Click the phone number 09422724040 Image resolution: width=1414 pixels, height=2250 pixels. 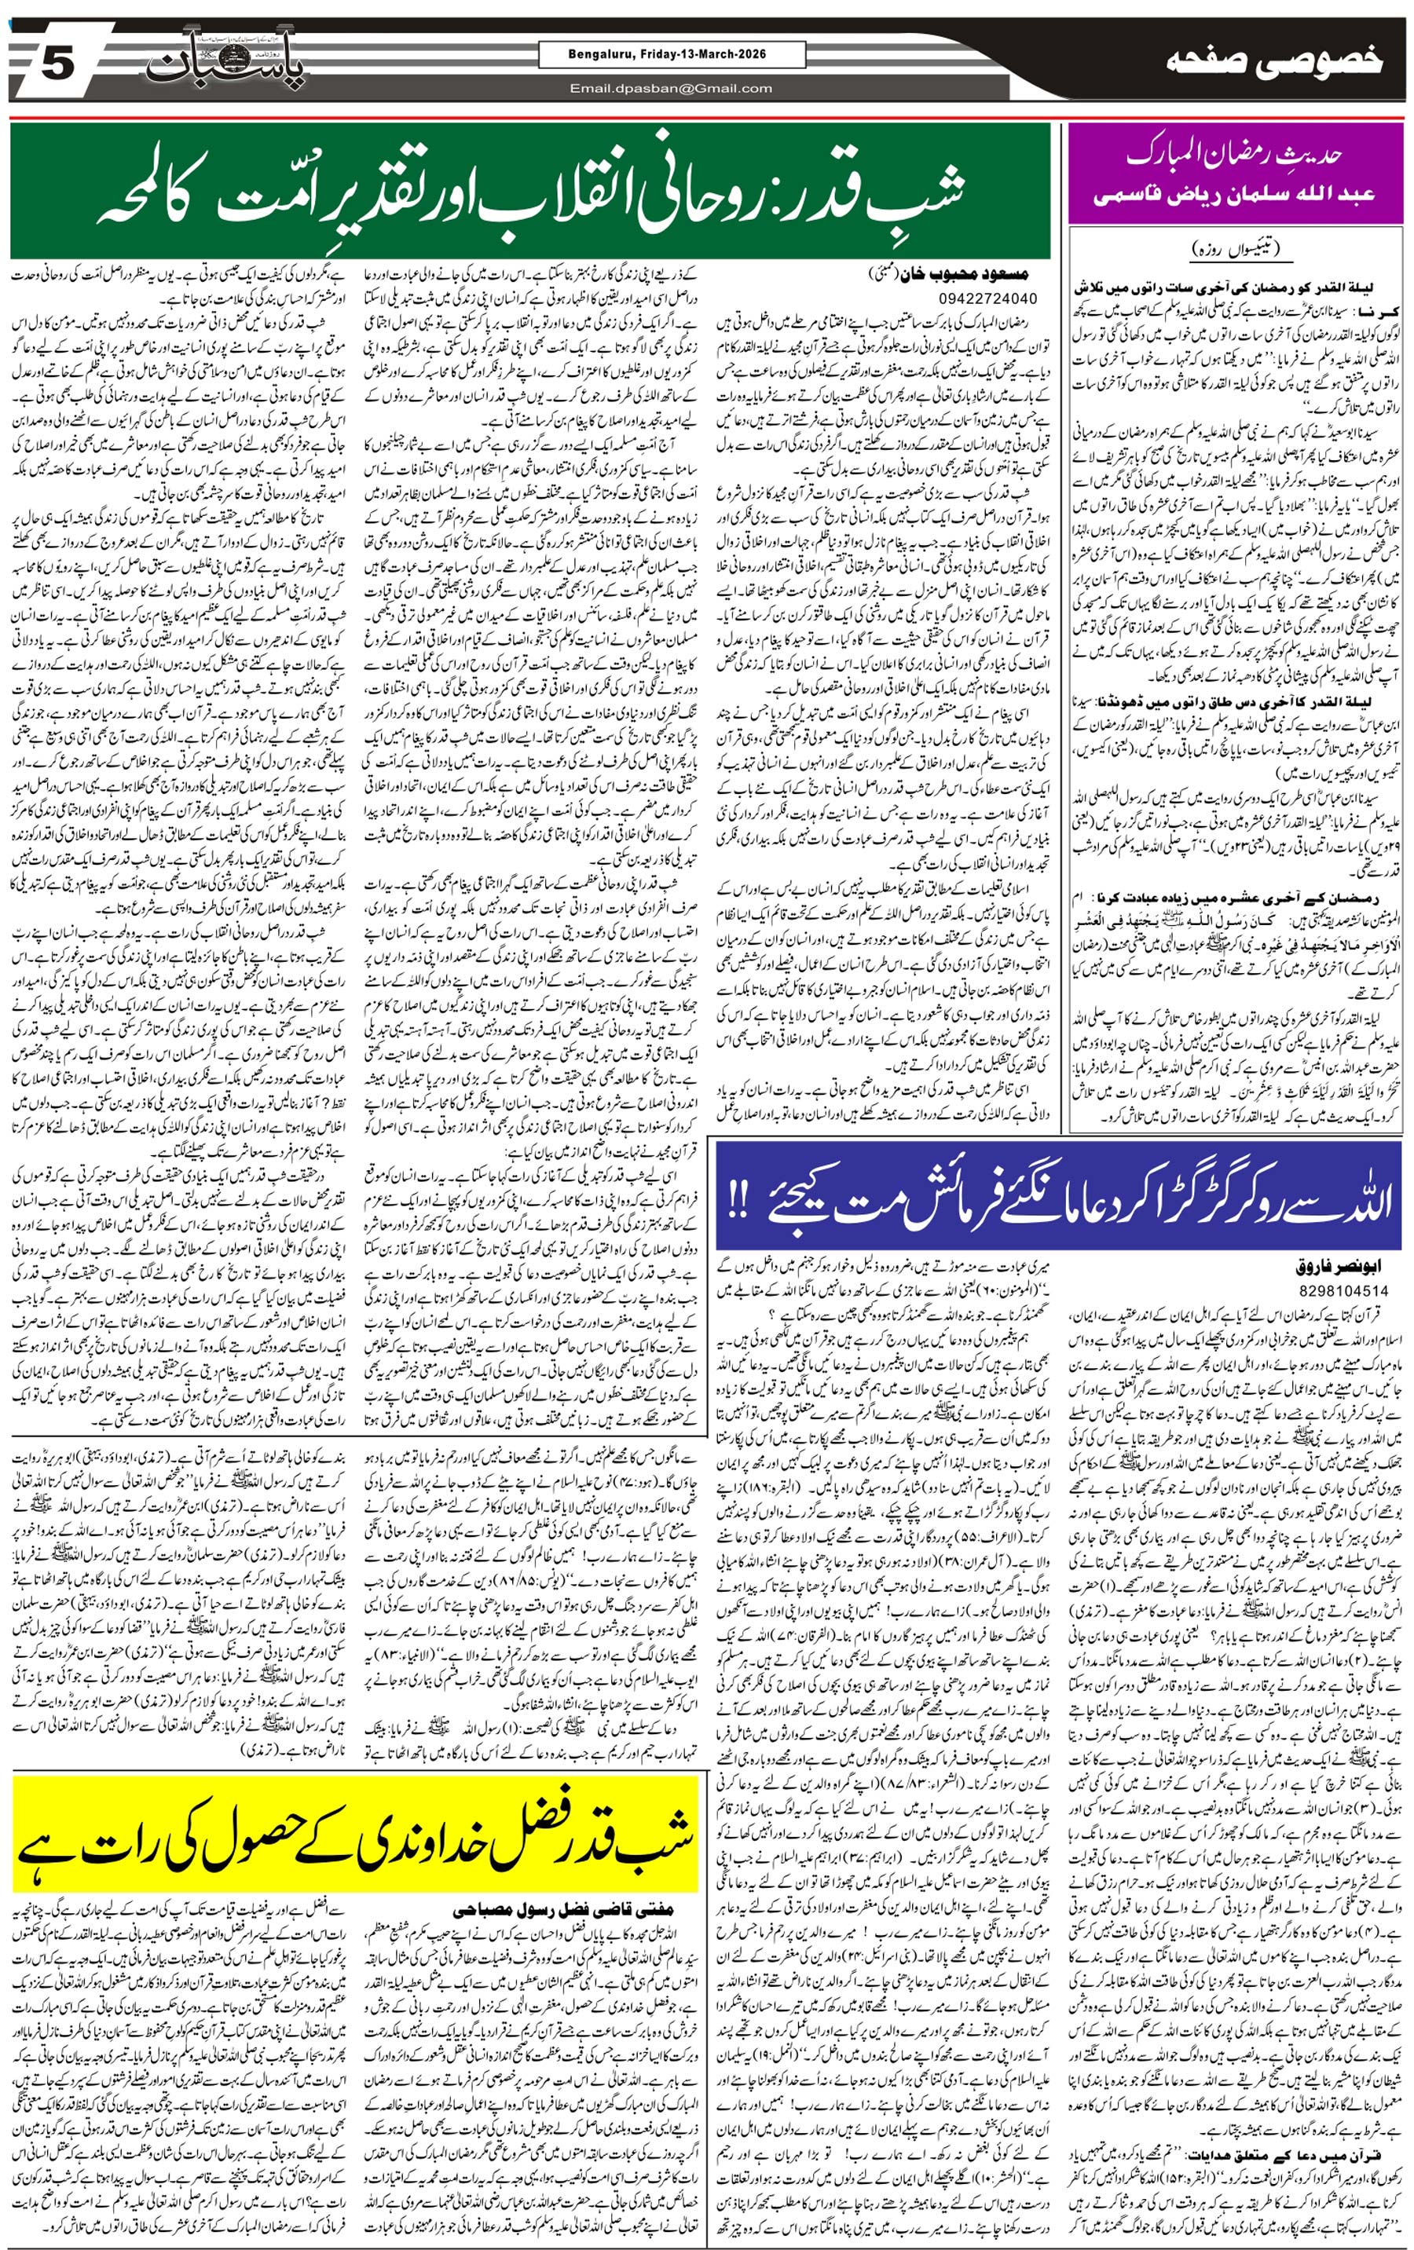click(985, 298)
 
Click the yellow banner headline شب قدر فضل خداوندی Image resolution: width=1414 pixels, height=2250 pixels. click(355, 1830)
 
